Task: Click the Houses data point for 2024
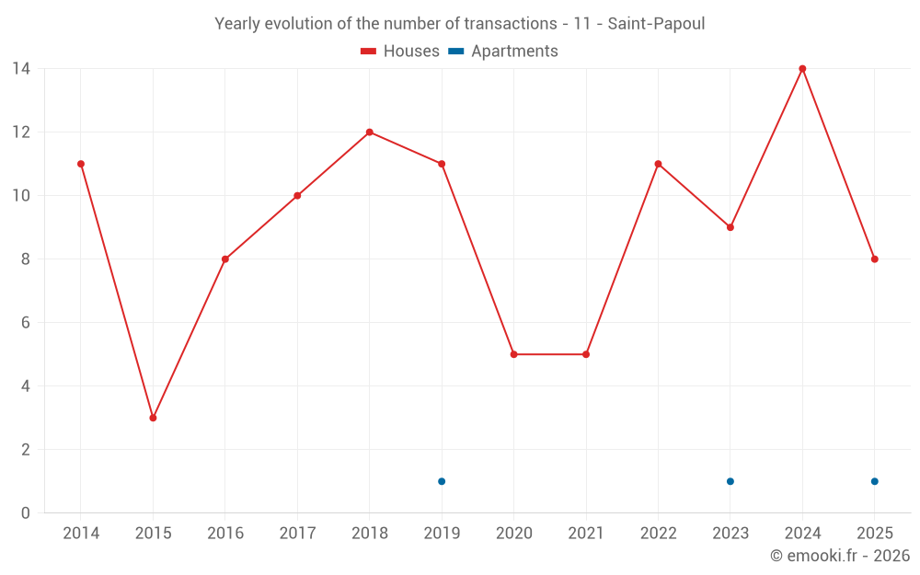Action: pos(802,68)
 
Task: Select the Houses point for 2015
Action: pos(153,418)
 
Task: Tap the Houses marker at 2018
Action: pos(369,132)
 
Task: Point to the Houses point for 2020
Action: pos(513,354)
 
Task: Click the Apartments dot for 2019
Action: pos(442,481)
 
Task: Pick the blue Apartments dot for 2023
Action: pos(730,481)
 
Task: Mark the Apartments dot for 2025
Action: pos(875,481)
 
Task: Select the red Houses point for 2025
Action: pos(875,259)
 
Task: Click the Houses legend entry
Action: pos(400,52)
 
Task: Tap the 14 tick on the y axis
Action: pos(20,68)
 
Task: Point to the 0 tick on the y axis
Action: pos(25,512)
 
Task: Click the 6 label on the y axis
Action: pos(25,322)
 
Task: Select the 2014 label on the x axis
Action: pos(81,534)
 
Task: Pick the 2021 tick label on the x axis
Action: pos(586,534)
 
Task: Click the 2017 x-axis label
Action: pos(297,534)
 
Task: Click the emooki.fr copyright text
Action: pos(839,556)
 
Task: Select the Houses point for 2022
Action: pos(658,164)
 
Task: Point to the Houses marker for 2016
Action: pos(224,259)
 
